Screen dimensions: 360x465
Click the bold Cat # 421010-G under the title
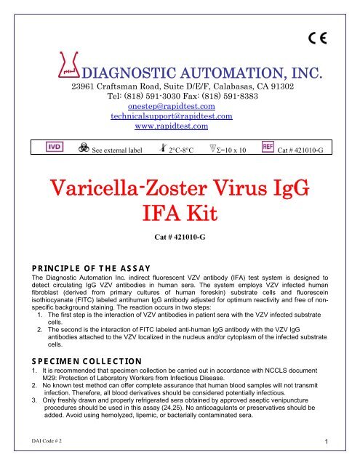[180, 237]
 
